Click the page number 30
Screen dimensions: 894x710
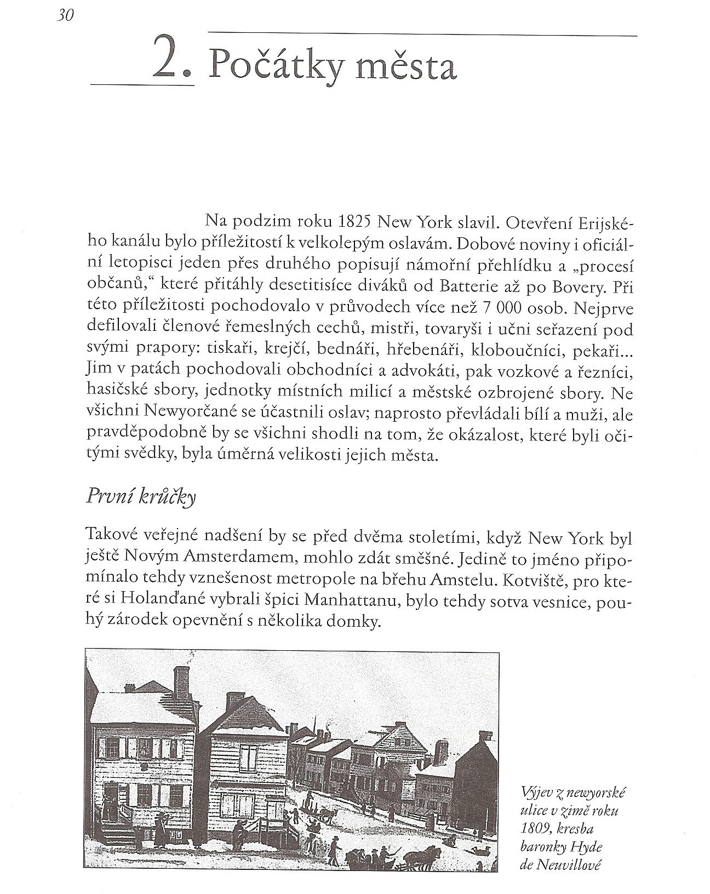point(65,16)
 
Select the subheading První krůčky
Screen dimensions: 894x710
point(141,498)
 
